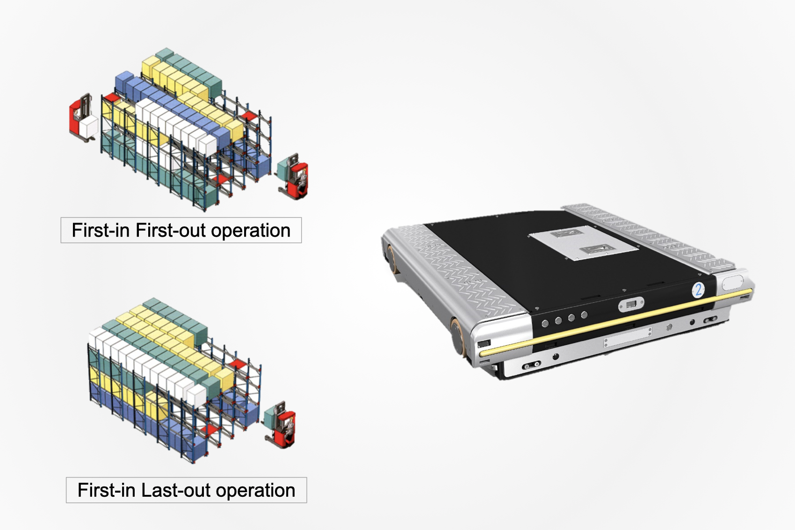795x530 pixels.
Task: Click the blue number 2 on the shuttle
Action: (x=698, y=290)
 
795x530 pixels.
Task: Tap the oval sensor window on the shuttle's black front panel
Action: (x=631, y=305)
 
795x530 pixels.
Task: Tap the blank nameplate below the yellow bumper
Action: (x=627, y=337)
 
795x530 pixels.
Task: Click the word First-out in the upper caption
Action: (x=170, y=231)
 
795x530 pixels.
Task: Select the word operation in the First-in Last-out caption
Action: (x=255, y=490)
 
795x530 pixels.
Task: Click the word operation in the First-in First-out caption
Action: (x=251, y=231)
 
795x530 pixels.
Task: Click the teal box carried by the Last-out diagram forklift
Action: (x=271, y=418)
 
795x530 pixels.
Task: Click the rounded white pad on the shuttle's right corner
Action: (x=732, y=283)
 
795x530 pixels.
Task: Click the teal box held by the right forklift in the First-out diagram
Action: (x=284, y=168)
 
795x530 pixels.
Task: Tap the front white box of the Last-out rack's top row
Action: (x=196, y=395)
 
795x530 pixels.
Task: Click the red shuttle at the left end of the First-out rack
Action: (x=112, y=98)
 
